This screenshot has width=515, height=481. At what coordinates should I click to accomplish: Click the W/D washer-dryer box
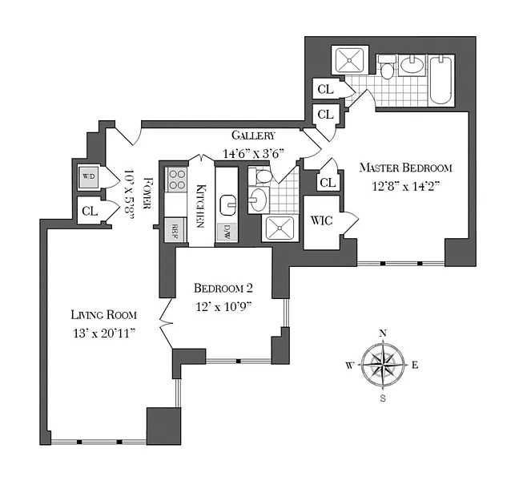pyautogui.click(x=89, y=176)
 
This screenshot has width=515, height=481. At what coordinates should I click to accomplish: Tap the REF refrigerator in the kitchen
pyautogui.click(x=175, y=230)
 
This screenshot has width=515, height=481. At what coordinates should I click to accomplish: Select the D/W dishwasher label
pyautogui.click(x=227, y=232)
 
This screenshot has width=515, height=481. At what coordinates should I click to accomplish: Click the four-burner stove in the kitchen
pyautogui.click(x=177, y=180)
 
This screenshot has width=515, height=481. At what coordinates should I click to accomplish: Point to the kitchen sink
pyautogui.click(x=228, y=205)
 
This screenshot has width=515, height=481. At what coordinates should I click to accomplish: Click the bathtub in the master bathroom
pyautogui.click(x=441, y=80)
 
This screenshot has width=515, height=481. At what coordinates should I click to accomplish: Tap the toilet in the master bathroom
pyautogui.click(x=387, y=67)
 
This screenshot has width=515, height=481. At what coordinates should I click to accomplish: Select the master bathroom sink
pyautogui.click(x=412, y=64)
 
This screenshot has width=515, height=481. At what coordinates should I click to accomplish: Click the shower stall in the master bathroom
pyautogui.click(x=350, y=60)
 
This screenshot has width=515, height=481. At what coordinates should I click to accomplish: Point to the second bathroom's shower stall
pyautogui.click(x=280, y=228)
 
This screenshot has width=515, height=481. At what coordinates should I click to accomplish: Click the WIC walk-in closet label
pyautogui.click(x=321, y=220)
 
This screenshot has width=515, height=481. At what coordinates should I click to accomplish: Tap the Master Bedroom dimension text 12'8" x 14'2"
pyautogui.click(x=405, y=187)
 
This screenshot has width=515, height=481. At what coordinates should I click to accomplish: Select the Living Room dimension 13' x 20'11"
pyautogui.click(x=104, y=333)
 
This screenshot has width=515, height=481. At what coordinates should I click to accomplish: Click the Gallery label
pyautogui.click(x=253, y=135)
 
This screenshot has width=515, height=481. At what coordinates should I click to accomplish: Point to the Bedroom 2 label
pyautogui.click(x=223, y=288)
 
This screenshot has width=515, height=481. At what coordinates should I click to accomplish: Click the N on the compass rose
pyautogui.click(x=383, y=333)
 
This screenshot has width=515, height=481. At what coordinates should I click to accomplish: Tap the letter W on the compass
pyautogui.click(x=349, y=366)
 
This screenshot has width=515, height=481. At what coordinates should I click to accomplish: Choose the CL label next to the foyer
pyautogui.click(x=90, y=211)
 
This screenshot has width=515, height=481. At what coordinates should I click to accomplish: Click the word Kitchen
pyautogui.click(x=200, y=206)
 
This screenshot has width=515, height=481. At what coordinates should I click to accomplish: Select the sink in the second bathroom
pyautogui.click(x=258, y=200)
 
